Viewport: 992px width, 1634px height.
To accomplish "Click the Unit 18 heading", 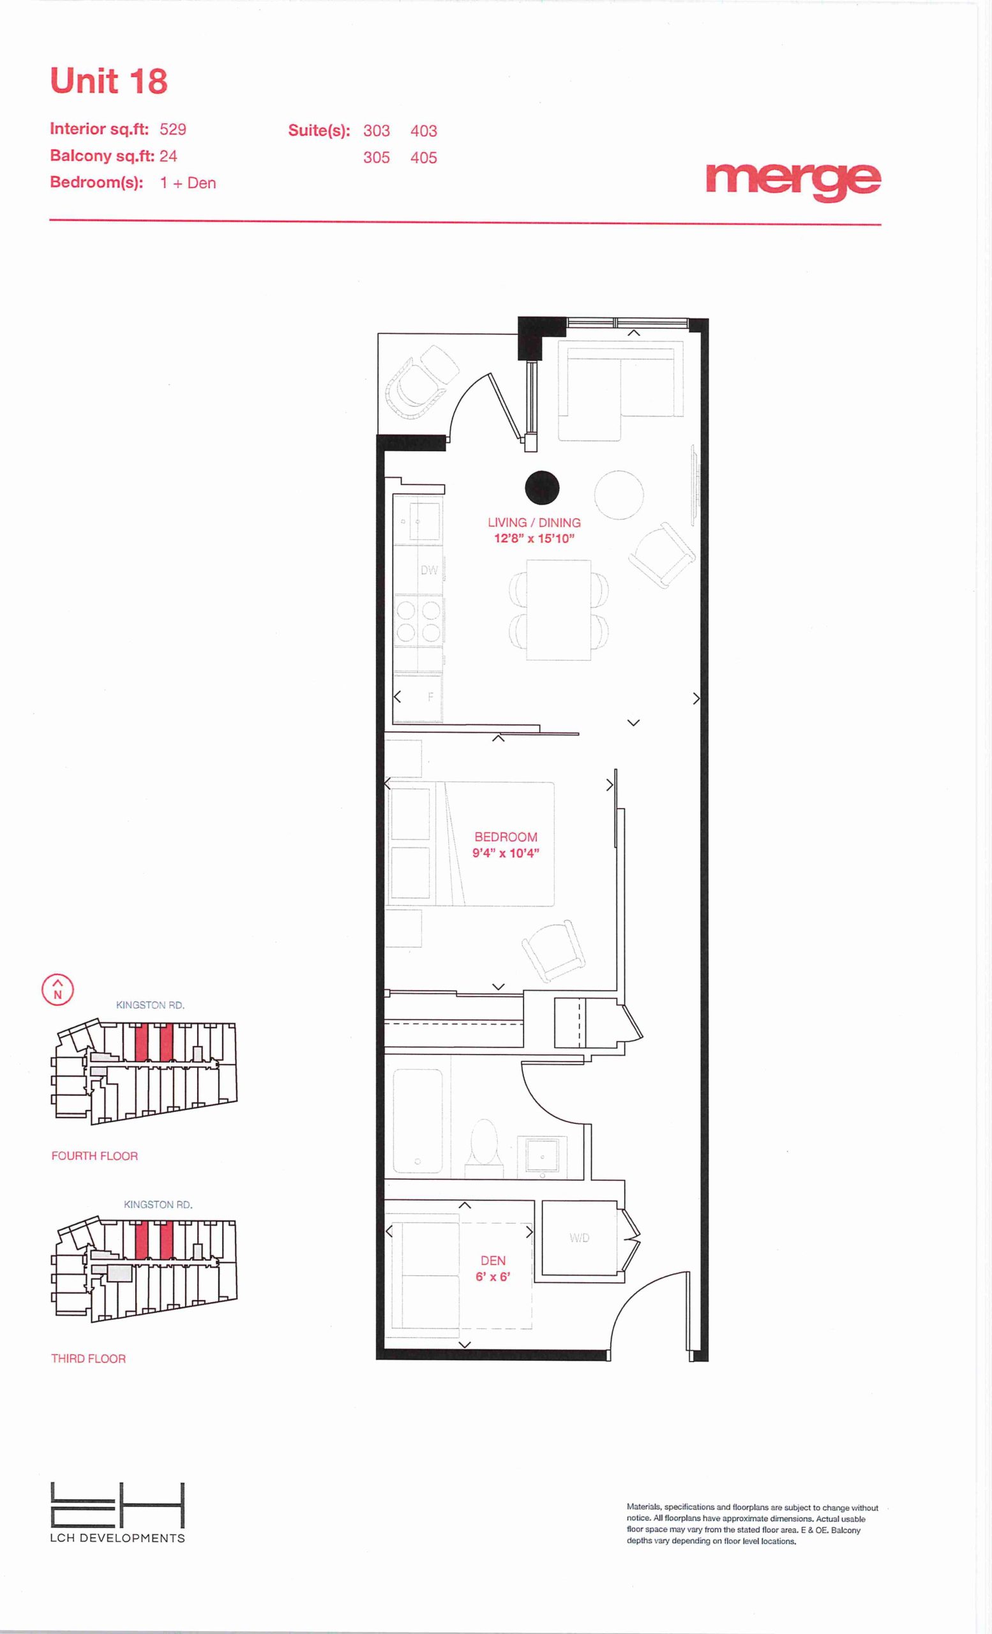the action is [x=109, y=82].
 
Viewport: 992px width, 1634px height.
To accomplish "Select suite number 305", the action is [x=376, y=158].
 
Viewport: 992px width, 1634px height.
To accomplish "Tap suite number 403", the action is [x=423, y=131].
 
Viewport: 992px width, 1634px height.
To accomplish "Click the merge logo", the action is [x=793, y=181].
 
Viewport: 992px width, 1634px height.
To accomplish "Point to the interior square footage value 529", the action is [x=172, y=129].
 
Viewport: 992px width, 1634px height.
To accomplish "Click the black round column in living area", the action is [x=542, y=488].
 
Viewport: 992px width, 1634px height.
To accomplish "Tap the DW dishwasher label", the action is [x=429, y=569].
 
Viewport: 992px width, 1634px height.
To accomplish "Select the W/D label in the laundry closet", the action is [x=579, y=1238].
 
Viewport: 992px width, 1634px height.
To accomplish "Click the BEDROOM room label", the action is [x=506, y=837].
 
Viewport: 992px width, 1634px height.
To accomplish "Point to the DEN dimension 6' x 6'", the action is [x=493, y=1277].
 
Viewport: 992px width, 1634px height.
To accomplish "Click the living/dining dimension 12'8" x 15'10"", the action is [x=534, y=539].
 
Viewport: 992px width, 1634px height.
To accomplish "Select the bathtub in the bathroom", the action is [x=417, y=1121].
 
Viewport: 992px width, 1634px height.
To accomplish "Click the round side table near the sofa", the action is [x=619, y=495].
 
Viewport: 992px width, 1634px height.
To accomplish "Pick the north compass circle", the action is [x=57, y=990].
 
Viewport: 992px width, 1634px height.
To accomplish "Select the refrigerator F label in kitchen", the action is [x=430, y=697].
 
